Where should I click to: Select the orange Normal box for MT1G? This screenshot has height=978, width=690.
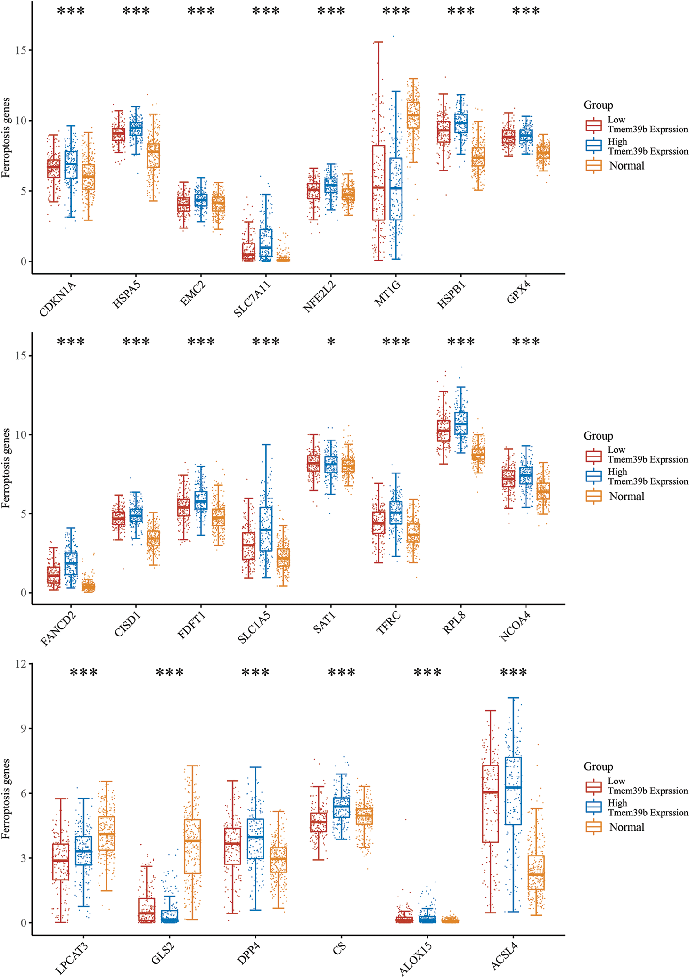(413, 115)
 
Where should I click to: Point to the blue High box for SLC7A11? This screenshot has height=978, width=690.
(266, 243)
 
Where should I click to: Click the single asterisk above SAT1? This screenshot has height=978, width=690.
(331, 342)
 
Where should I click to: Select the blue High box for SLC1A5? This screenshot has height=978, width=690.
(266, 529)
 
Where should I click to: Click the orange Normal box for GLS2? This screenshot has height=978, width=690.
(192, 846)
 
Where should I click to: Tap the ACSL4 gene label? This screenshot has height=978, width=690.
(504, 956)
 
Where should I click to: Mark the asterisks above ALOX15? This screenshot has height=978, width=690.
(427, 673)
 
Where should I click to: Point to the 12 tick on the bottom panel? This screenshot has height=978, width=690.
(21, 664)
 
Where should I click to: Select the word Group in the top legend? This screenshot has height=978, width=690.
(598, 105)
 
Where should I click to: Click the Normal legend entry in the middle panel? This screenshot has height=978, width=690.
(626, 496)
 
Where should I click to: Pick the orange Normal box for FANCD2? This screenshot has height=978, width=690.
(88, 587)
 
